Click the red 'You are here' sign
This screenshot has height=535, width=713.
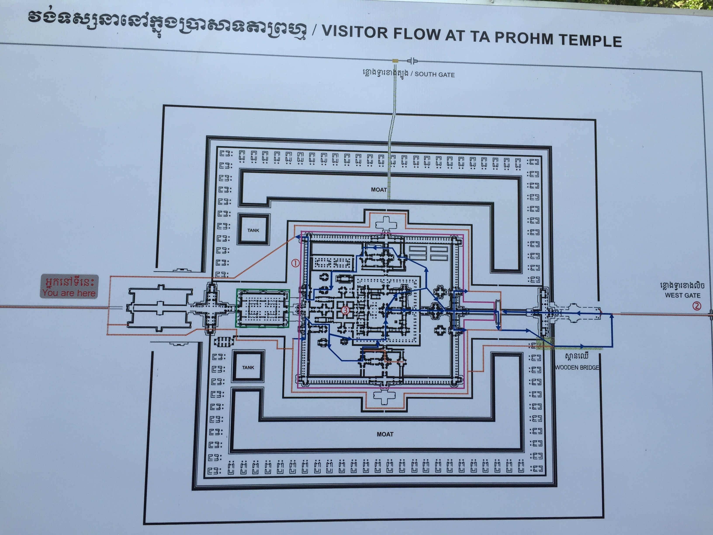[x=69, y=286]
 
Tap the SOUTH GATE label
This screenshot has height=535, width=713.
[x=434, y=75]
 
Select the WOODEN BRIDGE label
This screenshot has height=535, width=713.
[x=577, y=367]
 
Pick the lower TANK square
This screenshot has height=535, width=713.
[x=248, y=367]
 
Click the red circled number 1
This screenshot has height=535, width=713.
[x=295, y=263]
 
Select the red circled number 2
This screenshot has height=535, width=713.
[x=697, y=306]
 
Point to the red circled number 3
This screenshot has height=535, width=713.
[x=345, y=311]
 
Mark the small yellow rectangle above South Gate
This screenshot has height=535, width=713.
[x=395, y=61]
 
